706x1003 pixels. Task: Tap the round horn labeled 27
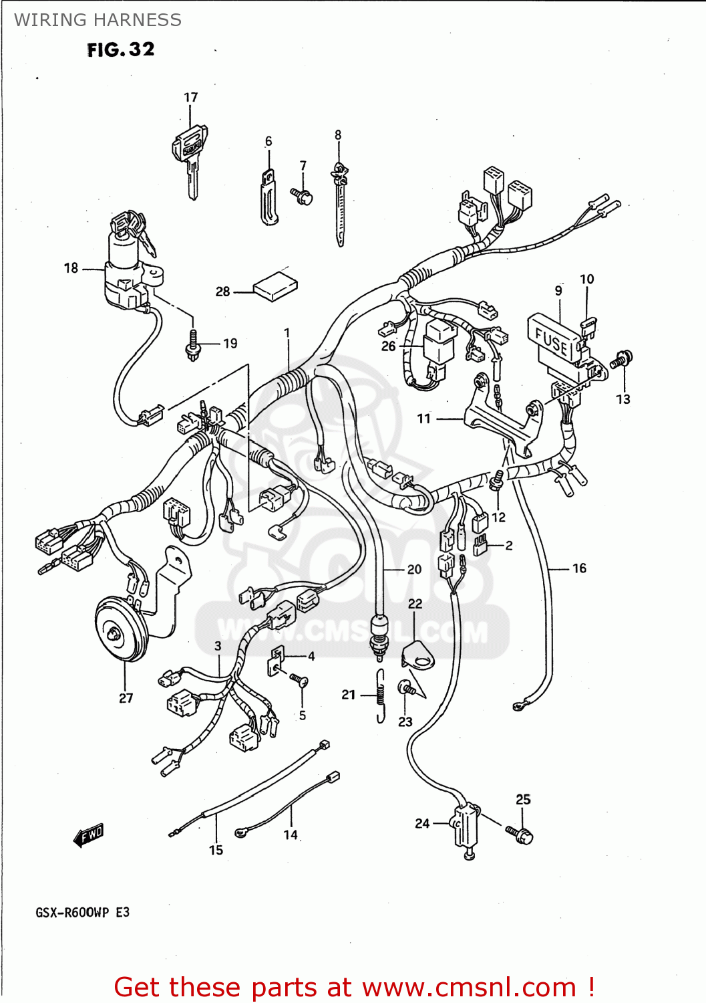121,628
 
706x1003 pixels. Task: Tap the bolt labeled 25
522,834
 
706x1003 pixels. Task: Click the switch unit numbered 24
465,826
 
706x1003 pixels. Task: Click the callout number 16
579,568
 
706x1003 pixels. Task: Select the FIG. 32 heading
121,49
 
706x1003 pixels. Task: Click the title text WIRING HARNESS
98,20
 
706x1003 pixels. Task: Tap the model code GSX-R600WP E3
82,913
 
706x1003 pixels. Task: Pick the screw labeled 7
303,196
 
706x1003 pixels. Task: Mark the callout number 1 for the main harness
287,333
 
